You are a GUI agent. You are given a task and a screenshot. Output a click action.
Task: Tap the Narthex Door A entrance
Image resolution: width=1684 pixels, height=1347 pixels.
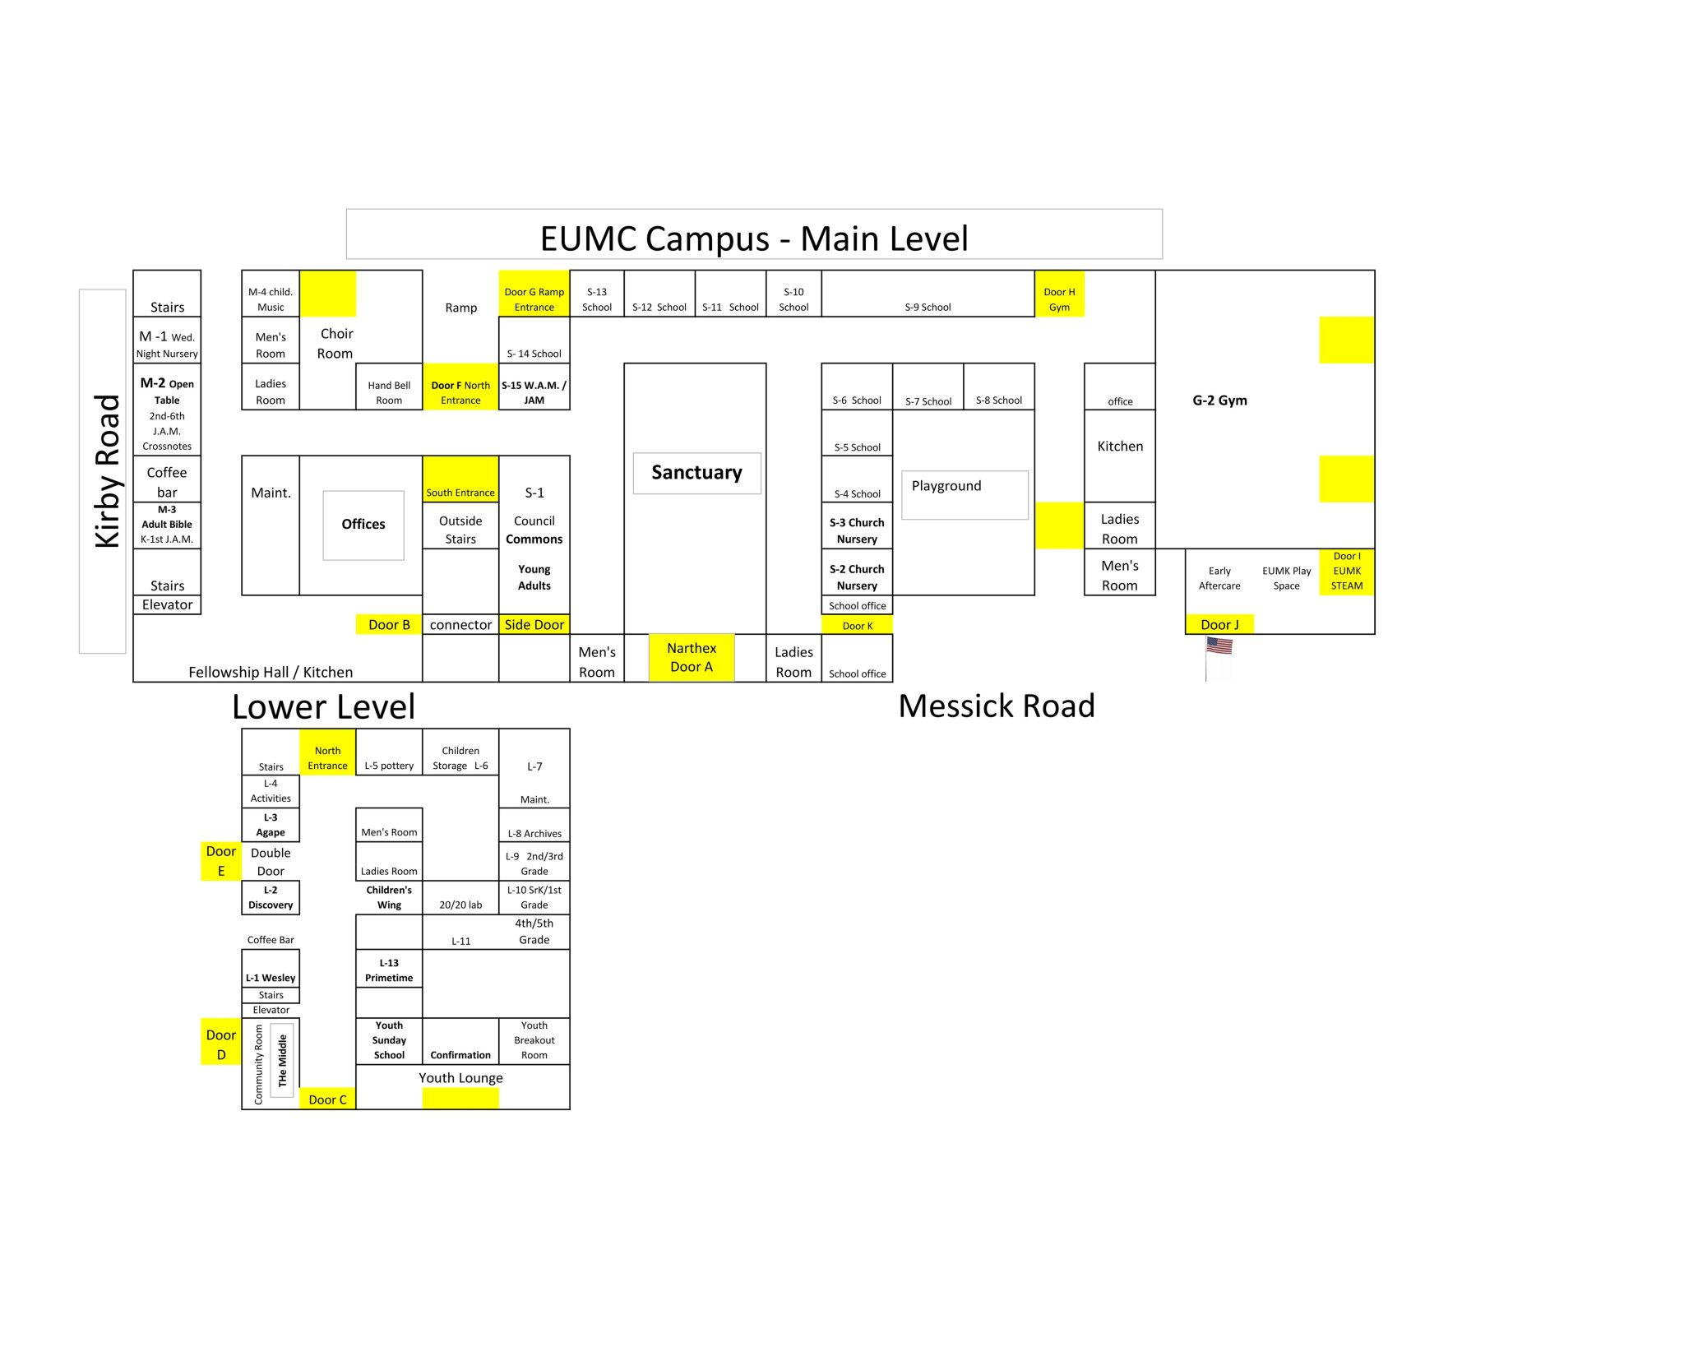692,658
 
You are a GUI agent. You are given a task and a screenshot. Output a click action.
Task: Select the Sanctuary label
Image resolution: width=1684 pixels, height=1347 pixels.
696,473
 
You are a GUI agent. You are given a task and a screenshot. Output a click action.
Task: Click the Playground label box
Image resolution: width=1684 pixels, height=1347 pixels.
965,494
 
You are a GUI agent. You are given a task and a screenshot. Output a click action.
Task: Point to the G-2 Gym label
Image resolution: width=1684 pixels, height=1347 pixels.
1219,400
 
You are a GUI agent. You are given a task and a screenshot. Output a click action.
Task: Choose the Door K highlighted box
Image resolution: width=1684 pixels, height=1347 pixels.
857,625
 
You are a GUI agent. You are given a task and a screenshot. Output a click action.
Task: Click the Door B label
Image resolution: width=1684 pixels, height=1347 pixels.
389,624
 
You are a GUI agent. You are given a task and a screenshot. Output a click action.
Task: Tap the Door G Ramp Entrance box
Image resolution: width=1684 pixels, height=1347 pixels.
534,294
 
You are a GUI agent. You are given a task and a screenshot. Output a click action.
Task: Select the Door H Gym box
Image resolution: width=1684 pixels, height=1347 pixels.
1059,294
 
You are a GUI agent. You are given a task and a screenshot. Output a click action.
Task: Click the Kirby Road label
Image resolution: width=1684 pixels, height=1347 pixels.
107,471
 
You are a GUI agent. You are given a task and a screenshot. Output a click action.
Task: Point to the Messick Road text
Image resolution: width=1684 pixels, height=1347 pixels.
997,706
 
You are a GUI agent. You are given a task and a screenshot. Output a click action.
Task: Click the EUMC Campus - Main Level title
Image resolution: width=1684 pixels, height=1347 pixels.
754,238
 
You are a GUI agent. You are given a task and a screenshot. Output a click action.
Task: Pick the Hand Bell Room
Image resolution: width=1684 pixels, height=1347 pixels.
389,387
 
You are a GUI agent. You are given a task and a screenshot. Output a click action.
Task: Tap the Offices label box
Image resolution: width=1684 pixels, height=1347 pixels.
363,525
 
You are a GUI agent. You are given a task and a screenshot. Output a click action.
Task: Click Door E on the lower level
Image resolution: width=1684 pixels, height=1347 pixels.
221,861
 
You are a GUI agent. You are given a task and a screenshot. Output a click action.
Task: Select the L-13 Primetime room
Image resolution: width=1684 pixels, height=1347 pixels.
389,970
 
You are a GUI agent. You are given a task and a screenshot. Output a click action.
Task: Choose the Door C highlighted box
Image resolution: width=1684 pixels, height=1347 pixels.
327,1099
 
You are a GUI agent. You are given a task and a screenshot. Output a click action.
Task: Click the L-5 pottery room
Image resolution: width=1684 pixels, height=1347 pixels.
389,752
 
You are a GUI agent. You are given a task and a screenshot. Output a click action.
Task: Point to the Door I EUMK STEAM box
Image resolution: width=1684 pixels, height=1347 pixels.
1347,572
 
